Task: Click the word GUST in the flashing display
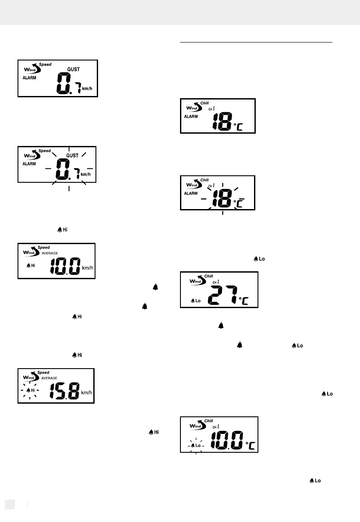click(x=73, y=156)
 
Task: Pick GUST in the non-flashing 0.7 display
click(x=73, y=69)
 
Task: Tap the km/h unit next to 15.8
click(x=87, y=392)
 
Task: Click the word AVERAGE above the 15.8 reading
click(x=50, y=377)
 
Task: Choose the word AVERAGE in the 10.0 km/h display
click(x=50, y=253)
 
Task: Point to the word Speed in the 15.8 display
click(x=45, y=371)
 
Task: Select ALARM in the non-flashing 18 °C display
click(x=191, y=117)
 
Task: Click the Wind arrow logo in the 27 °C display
click(x=194, y=281)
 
